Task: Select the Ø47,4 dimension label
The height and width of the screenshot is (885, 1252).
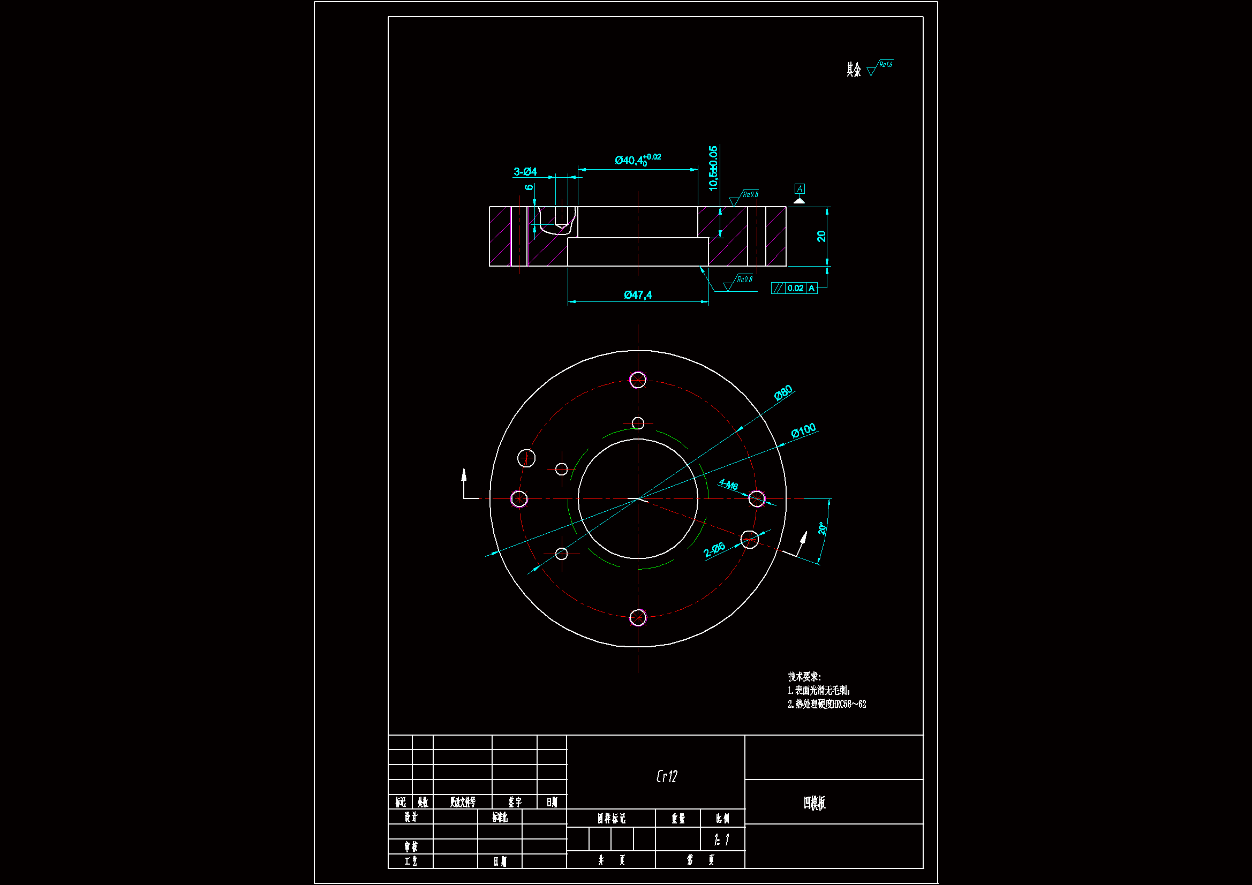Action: [x=637, y=295]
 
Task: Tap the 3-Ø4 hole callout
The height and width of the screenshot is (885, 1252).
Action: [x=525, y=172]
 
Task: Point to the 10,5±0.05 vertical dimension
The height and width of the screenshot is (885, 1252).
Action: [x=713, y=168]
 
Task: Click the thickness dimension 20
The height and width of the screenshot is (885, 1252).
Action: [x=821, y=236]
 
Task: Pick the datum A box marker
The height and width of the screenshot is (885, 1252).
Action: [x=799, y=189]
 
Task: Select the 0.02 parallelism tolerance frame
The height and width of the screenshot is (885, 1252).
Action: [x=795, y=288]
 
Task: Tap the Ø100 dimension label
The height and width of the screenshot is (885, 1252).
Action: [x=803, y=431]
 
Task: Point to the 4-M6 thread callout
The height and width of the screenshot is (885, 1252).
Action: [x=728, y=484]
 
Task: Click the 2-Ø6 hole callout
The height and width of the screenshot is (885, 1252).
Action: [x=714, y=549]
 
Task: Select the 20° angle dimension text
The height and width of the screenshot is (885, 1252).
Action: [x=823, y=528]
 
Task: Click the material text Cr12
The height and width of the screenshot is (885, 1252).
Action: [x=666, y=776]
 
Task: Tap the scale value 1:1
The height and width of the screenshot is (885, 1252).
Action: [x=721, y=839]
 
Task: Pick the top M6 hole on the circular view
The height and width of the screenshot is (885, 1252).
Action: [x=637, y=380]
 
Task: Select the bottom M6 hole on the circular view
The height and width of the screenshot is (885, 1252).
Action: [x=637, y=618]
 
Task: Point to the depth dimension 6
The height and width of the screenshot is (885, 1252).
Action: [x=529, y=187]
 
